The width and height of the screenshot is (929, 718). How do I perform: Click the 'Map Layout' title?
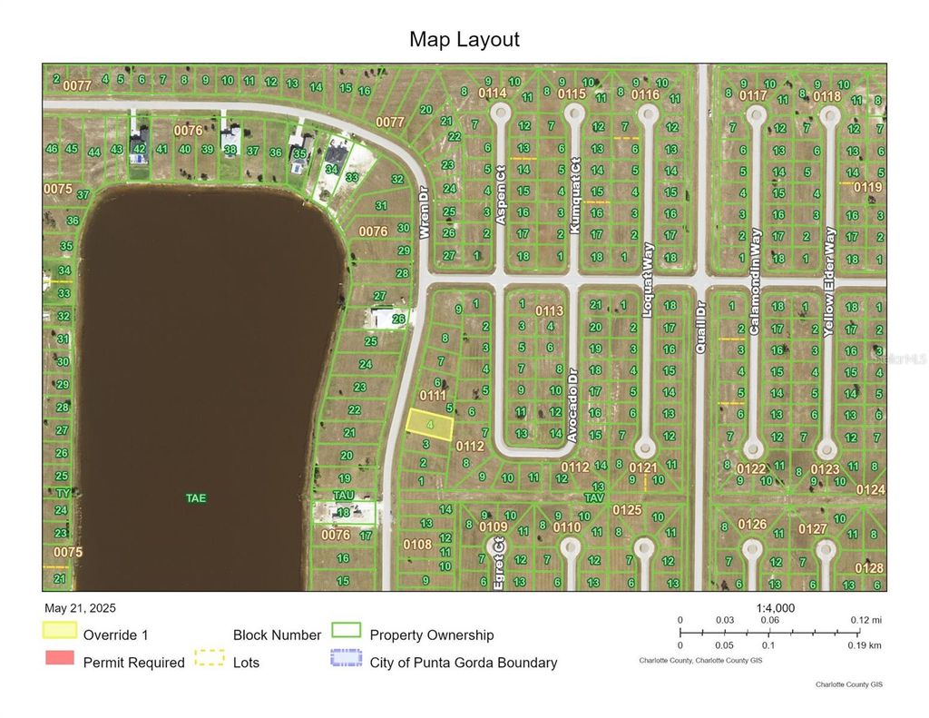click(x=464, y=39)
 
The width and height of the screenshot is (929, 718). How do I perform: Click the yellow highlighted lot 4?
click(x=428, y=424)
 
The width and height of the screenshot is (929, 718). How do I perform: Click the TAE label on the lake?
click(x=196, y=497)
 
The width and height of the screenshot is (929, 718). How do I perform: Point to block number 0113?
click(x=548, y=310)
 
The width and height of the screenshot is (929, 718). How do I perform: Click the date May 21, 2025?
click(x=80, y=608)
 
